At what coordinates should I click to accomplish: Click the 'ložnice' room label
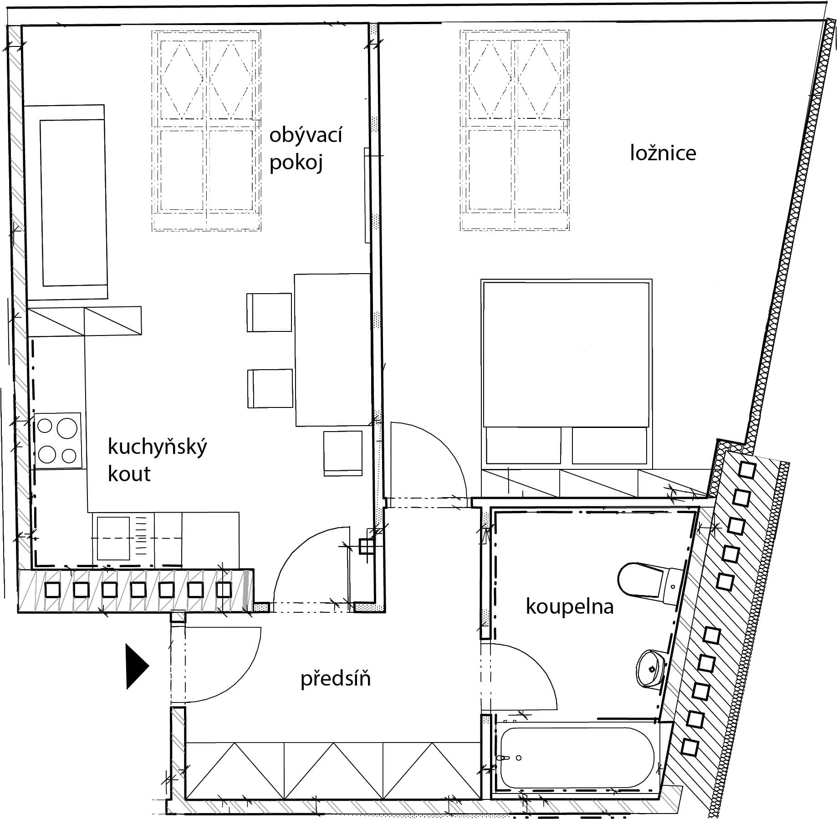click(663, 153)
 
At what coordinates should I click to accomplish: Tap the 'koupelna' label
click(570, 607)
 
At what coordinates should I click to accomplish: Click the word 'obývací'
click(306, 136)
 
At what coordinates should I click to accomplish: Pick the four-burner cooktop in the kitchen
click(57, 441)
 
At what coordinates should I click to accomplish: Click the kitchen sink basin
click(114, 538)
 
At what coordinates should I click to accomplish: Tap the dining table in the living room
click(332, 350)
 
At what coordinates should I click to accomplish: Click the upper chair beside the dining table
click(269, 312)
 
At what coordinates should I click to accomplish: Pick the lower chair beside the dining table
click(270, 389)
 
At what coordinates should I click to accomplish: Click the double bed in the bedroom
click(567, 373)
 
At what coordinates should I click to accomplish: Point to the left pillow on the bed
click(524, 445)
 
